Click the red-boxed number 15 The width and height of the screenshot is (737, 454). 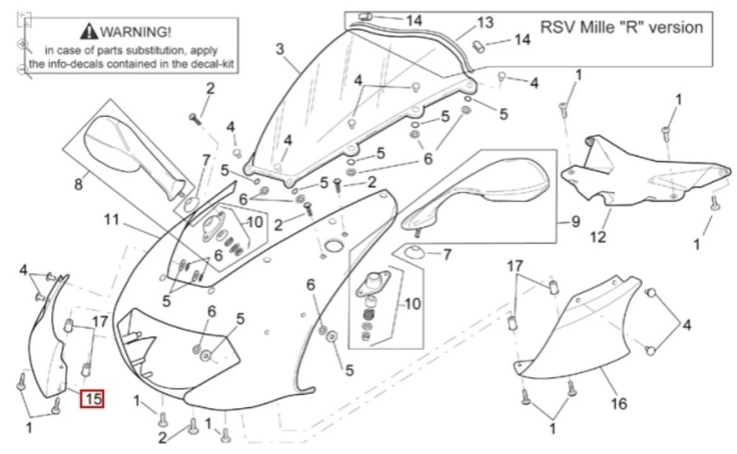pos(92,399)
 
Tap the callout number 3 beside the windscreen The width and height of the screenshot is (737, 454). pos(280,49)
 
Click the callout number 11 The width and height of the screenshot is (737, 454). pos(112,220)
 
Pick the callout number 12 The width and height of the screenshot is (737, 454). pos(598,237)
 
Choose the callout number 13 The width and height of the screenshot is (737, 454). pos(485,23)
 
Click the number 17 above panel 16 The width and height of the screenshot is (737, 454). pos(516,266)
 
